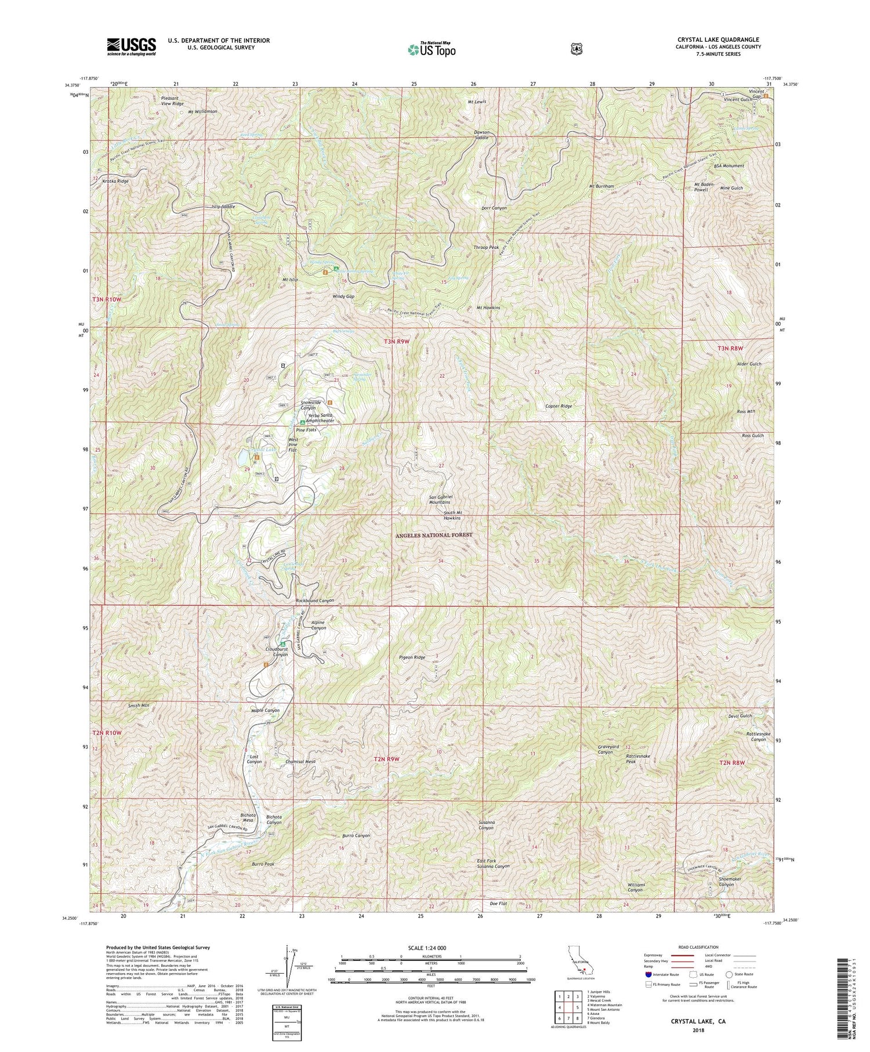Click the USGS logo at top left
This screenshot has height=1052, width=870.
pyautogui.click(x=131, y=46)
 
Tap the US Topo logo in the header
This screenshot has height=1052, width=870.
pyautogui.click(x=432, y=49)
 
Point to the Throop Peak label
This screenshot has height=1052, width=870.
pyautogui.click(x=486, y=247)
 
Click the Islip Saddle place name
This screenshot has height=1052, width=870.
pyautogui.click(x=223, y=207)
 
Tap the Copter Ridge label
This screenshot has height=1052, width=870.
pyautogui.click(x=559, y=406)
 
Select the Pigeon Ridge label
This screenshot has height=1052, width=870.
pyautogui.click(x=412, y=657)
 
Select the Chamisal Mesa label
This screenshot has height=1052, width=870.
pyautogui.click(x=300, y=762)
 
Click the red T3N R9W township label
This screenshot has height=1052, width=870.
pyautogui.click(x=397, y=342)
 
